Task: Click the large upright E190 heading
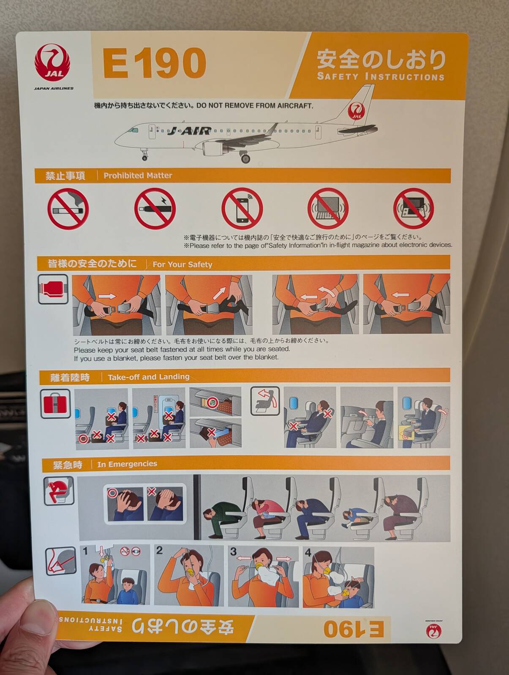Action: tap(154, 63)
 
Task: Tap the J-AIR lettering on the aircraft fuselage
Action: tap(189, 131)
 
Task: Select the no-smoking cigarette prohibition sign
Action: tap(68, 209)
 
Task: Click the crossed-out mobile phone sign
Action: tap(242, 208)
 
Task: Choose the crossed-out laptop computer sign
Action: tap(328, 208)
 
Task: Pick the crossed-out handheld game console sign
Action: tap(414, 209)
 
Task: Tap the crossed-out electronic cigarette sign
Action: tap(155, 208)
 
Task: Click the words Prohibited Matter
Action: tap(138, 175)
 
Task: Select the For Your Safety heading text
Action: tap(182, 265)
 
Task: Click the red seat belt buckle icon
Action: tap(53, 289)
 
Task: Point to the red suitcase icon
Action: tap(55, 403)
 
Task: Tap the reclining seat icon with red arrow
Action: tap(265, 401)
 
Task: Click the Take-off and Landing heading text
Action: tap(148, 377)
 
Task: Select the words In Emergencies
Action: tap(127, 464)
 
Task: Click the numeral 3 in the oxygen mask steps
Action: tap(234, 551)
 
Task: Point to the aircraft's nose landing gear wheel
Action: tap(145, 157)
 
